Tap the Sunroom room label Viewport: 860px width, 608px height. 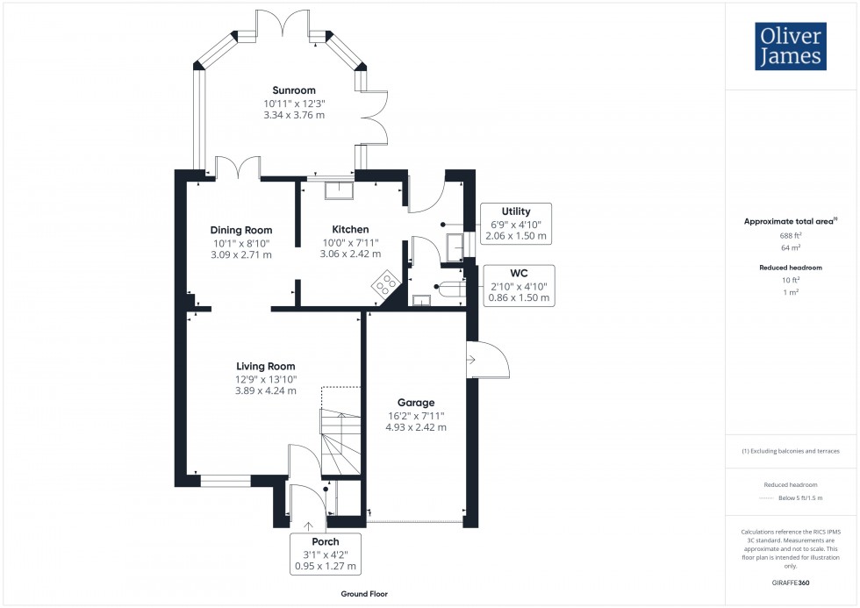pos(294,90)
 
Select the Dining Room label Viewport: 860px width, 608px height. pos(241,230)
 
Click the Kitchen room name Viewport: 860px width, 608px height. pos(350,229)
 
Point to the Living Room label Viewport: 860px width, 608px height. pos(266,366)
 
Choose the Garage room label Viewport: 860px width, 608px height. pos(416,403)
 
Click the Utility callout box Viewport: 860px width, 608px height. pos(517,224)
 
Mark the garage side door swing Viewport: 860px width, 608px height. pos(488,359)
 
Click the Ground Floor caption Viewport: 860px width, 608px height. pos(364,594)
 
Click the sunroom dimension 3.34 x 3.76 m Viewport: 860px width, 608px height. pos(294,115)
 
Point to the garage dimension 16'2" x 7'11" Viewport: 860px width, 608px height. pos(416,416)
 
